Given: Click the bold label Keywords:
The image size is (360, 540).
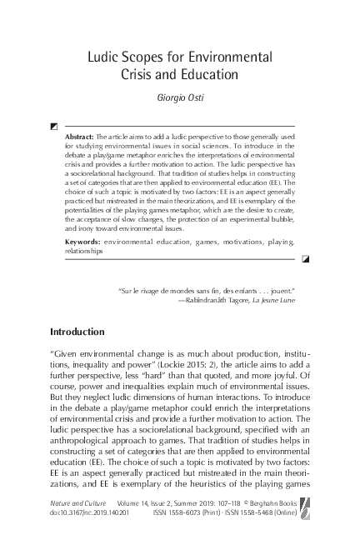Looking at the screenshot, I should coord(83,241).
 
